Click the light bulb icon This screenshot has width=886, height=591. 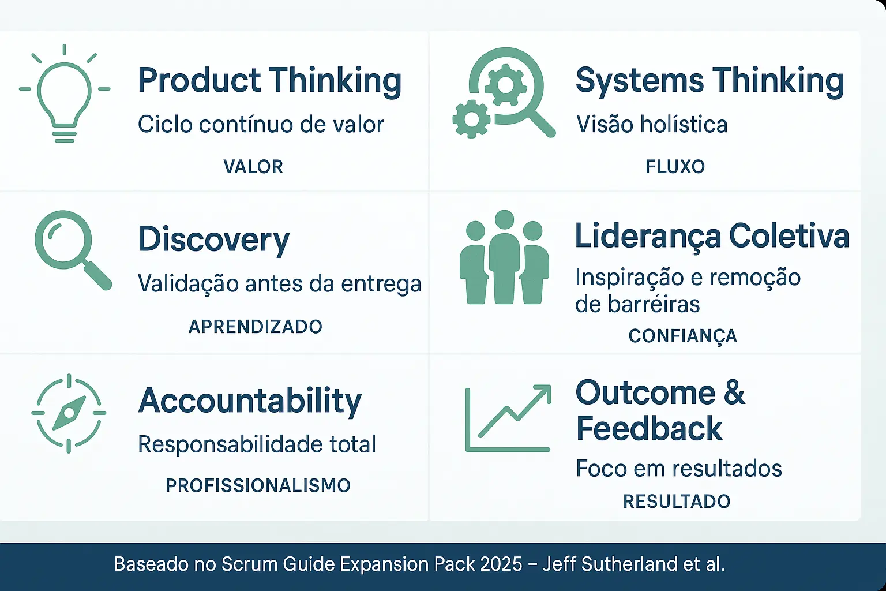(64, 95)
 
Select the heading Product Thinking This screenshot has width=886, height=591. (269, 81)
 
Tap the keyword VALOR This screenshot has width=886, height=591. (253, 167)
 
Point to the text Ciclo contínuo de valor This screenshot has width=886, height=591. (261, 125)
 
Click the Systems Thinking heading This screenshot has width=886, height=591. (710, 81)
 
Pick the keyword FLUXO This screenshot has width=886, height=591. (675, 167)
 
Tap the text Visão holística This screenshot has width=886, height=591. (652, 125)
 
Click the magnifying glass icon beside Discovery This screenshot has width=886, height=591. (72, 249)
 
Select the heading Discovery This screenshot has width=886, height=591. (213, 240)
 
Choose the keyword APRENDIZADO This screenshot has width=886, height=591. (256, 327)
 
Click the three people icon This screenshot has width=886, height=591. (504, 257)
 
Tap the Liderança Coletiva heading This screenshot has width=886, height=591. (712, 237)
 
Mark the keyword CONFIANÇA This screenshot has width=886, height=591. (682, 336)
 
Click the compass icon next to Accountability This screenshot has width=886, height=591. (69, 413)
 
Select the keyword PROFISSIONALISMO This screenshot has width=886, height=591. (258, 485)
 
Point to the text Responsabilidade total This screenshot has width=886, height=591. (257, 444)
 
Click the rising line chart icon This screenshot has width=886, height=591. (508, 418)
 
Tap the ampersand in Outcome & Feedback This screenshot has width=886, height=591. (734, 393)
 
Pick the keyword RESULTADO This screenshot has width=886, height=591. (677, 501)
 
